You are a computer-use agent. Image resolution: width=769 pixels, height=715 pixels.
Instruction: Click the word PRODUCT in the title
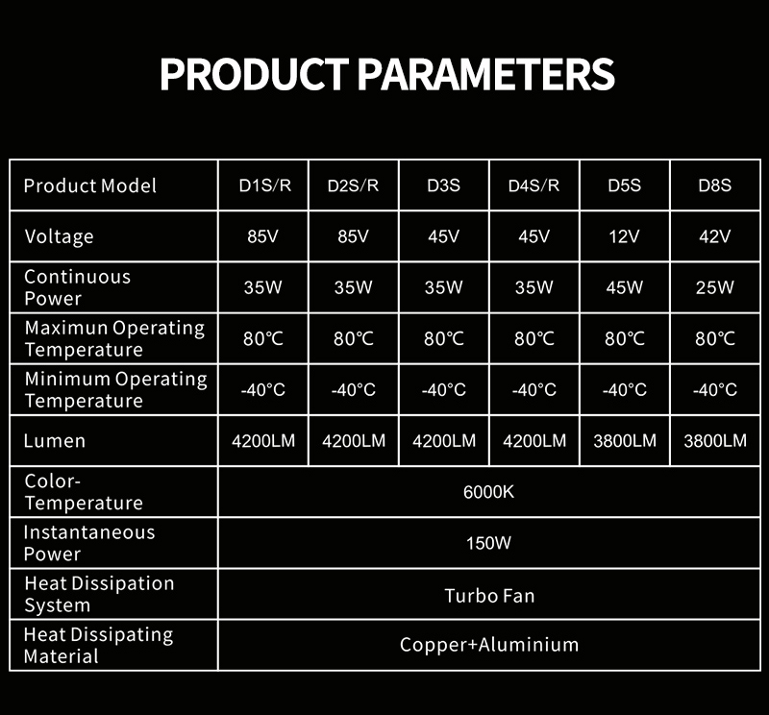[254, 75]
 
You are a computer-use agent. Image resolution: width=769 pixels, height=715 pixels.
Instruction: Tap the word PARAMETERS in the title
[485, 75]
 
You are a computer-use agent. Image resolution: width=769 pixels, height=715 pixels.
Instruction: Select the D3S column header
[443, 185]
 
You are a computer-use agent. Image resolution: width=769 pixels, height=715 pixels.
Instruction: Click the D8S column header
[714, 185]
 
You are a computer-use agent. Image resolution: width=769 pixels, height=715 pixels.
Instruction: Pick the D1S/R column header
[265, 185]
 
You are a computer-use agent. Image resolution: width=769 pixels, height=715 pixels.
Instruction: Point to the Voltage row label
[59, 236]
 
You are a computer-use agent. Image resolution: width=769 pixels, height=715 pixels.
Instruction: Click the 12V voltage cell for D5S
[624, 236]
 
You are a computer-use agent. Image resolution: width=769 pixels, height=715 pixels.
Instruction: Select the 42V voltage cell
[714, 236]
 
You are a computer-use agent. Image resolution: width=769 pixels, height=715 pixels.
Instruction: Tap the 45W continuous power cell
[624, 287]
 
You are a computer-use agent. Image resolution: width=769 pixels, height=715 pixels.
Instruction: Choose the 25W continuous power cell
[714, 287]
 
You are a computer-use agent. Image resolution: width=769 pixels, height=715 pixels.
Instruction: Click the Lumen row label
[55, 441]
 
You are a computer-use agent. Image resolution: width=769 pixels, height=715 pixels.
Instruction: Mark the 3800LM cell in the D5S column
[624, 441]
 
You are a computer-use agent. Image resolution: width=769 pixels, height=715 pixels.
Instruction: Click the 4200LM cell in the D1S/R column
[263, 441]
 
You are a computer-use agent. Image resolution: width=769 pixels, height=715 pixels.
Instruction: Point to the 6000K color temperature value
[488, 492]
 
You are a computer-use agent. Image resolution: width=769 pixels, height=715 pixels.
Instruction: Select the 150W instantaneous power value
[488, 543]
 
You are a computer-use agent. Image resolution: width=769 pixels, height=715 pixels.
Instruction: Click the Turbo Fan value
[489, 596]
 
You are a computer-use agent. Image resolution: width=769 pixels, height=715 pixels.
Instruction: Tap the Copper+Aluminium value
[489, 645]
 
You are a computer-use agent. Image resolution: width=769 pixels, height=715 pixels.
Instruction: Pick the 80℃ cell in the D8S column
[714, 338]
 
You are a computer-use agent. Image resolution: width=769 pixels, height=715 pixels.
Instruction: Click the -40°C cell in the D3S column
[444, 389]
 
